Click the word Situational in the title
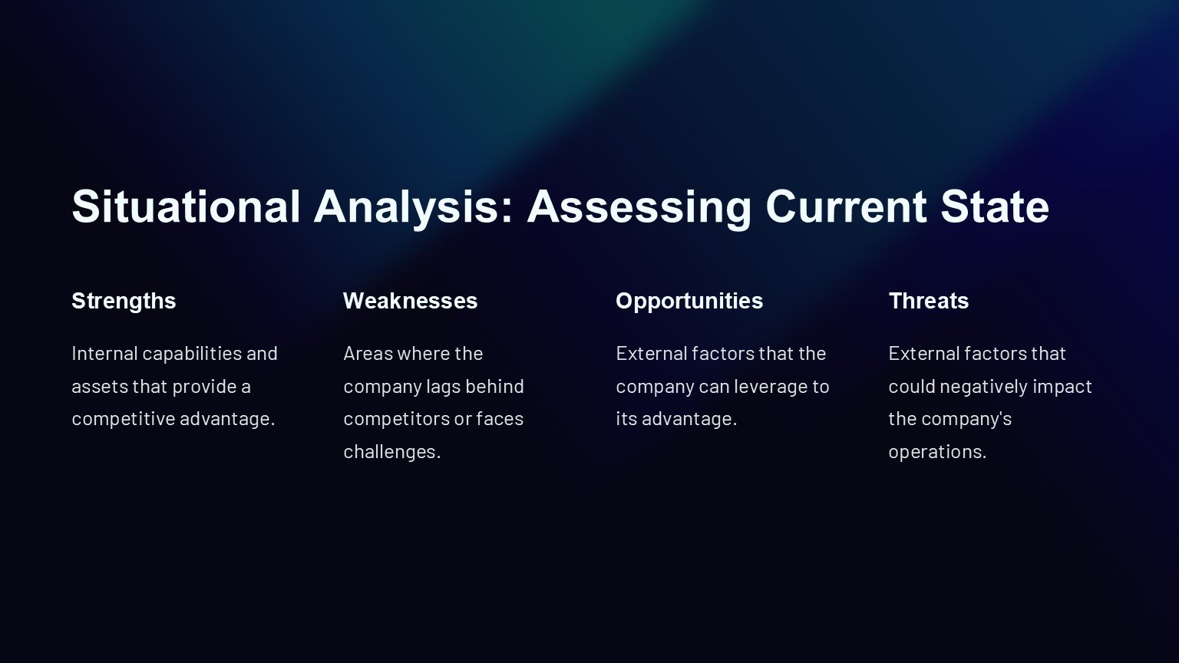(186, 206)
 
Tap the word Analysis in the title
(414, 209)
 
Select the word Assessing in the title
(639, 209)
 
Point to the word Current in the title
(846, 206)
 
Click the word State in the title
(995, 206)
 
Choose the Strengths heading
(124, 302)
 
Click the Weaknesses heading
(411, 301)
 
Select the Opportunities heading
(689, 302)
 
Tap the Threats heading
(929, 301)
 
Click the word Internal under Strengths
(104, 354)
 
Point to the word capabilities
(192, 355)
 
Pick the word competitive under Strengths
(123, 420)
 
